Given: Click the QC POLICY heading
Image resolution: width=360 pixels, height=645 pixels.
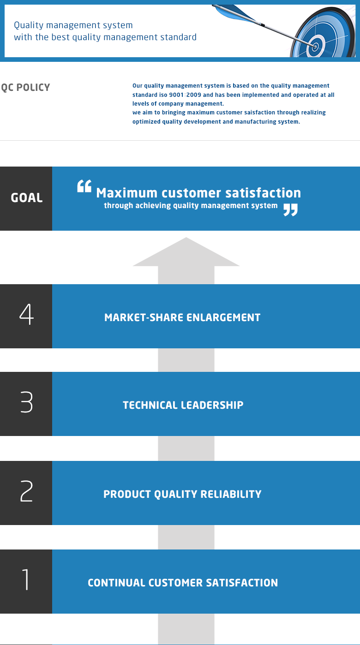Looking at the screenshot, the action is (25, 88).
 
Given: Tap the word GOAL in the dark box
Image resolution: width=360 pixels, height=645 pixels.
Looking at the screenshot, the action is (26, 198).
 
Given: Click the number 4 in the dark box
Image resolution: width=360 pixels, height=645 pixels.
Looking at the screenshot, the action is (26, 315).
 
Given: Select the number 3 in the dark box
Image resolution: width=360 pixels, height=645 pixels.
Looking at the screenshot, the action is (26, 402).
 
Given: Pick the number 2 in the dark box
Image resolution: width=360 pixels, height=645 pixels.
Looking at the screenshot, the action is (26, 491).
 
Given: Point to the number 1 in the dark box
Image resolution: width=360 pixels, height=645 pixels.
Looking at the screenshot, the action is (26, 579).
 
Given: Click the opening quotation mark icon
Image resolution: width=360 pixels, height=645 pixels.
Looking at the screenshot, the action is (84, 186).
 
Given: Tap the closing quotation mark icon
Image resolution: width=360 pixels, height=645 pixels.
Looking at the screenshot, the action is (290, 209).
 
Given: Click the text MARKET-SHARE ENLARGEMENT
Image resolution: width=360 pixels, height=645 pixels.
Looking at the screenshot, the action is (182, 317).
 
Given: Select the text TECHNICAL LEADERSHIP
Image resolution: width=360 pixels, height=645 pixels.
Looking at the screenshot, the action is (183, 405).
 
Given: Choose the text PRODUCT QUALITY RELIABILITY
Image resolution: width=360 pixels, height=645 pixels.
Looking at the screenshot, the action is (182, 494).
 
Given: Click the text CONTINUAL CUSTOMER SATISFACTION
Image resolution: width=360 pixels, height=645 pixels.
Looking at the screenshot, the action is (183, 583).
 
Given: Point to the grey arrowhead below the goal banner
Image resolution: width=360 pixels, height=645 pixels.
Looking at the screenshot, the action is (186, 251).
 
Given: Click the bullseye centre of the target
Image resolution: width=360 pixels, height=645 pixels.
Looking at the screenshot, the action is (315, 46).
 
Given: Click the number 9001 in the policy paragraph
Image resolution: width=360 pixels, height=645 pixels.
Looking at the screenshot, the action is (176, 95).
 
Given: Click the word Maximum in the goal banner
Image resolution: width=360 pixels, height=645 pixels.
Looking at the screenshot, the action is (127, 193).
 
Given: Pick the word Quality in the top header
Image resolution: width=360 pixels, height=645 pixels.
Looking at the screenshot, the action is (29, 26).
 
